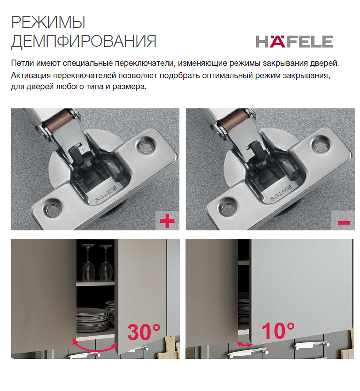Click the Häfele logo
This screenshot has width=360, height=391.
pos(294,41)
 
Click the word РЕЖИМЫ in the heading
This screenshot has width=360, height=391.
pos(49,22)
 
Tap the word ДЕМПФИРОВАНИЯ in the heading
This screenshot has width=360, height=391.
pos(84,41)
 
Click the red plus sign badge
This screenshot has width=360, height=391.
pos(167,221)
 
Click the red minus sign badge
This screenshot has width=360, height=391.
pos(344,222)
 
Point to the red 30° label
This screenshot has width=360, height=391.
pos(144,332)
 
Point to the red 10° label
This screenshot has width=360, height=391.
pos(278,331)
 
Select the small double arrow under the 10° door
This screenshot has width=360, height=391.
pos(245,345)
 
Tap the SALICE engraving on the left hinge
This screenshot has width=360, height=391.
pos(106,194)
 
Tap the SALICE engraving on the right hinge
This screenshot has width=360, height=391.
pos(281,193)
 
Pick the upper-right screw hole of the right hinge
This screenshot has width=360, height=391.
pos(320,144)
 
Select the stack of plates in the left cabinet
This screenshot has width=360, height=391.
pos(92,319)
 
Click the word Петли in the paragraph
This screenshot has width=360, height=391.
pos(23,63)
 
